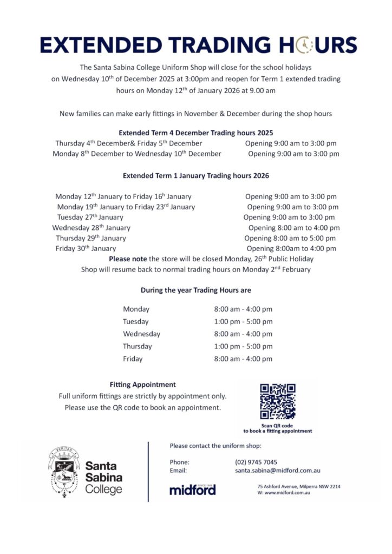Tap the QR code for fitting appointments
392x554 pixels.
277,401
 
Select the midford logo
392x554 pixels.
192,490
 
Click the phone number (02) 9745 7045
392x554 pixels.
256,462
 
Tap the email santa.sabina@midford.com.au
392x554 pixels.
277,471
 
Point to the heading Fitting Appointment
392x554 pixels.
142,384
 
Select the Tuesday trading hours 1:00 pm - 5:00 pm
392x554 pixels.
243,321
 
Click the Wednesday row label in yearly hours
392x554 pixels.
141,334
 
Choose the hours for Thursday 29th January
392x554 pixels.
290,238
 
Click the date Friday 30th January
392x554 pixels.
86,248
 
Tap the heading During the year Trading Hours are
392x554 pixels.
195,290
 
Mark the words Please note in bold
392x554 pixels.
128,259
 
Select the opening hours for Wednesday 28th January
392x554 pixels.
294,228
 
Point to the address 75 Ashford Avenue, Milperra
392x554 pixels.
298,486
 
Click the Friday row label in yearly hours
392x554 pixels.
133,359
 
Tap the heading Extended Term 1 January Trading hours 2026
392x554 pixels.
195,175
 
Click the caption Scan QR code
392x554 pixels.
277,426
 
